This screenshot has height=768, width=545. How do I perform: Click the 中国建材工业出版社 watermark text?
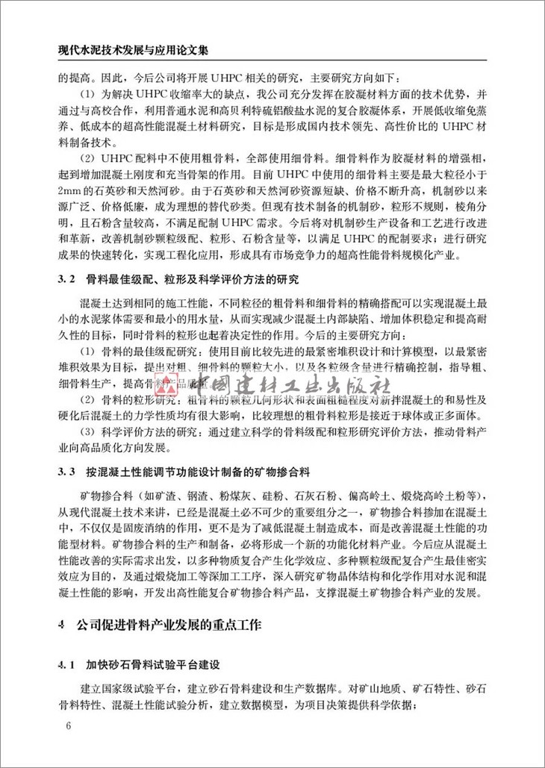coord(290,388)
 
